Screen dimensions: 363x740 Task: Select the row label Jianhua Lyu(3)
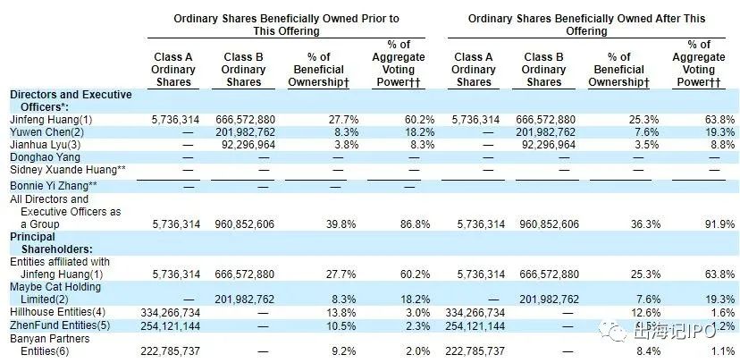point(48,143)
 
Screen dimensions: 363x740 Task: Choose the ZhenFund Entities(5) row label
point(59,325)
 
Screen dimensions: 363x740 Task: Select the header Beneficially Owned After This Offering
point(585,23)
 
